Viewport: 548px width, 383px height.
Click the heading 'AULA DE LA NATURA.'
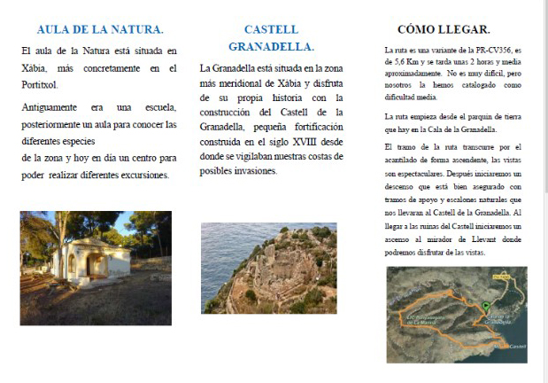(x=100, y=29)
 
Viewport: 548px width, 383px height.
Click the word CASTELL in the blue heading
(x=271, y=29)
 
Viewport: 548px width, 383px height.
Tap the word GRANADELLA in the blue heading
(x=271, y=46)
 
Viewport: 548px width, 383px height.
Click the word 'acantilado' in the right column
(x=406, y=160)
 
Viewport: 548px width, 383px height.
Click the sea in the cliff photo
(x=221, y=253)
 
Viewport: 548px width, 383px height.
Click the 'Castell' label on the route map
(x=517, y=346)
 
